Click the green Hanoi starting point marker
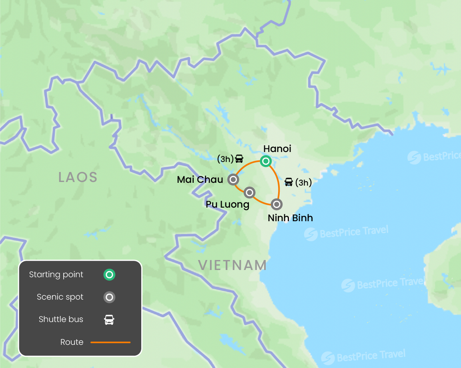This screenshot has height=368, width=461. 266,161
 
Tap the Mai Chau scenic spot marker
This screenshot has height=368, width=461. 233,179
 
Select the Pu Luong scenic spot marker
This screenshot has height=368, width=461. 249,193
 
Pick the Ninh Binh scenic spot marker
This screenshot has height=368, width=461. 277,204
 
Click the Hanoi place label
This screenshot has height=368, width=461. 277,149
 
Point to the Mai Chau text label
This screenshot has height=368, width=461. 200,180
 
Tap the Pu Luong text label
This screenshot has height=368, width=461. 227,205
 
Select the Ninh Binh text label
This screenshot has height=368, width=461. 290,218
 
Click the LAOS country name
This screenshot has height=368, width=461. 78,177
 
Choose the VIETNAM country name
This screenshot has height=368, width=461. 233,265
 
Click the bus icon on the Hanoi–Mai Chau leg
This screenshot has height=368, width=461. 239,159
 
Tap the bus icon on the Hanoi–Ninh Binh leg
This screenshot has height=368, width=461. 289,182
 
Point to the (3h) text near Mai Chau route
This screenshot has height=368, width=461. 225,159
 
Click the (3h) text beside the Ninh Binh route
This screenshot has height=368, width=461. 303,183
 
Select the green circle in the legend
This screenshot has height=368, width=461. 109,275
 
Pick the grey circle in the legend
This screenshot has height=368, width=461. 109,297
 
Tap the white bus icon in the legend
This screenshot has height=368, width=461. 109,320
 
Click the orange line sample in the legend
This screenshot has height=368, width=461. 110,342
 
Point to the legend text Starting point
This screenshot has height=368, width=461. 56,275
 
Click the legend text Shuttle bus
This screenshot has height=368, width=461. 61,320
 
